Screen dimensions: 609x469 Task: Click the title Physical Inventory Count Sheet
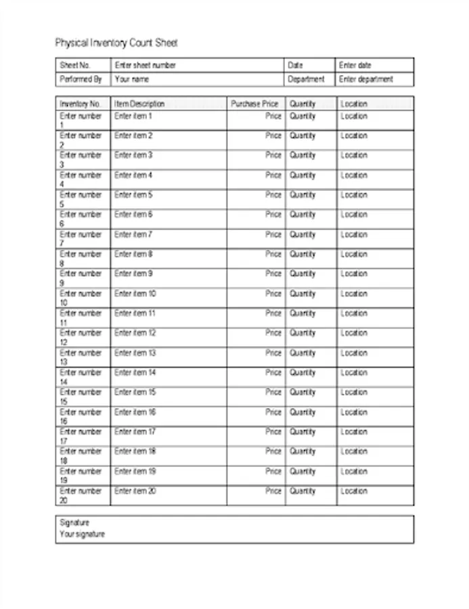116,43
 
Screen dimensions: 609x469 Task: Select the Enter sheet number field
146,66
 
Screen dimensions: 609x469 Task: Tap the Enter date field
355,66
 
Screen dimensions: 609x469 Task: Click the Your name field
131,79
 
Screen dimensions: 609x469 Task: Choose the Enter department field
366,79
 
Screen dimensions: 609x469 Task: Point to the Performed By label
81,79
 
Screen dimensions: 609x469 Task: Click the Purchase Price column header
254,104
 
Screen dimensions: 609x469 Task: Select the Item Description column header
139,104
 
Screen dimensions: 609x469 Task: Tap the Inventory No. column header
80,104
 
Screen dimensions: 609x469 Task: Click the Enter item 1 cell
133,116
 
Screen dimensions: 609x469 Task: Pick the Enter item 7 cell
133,235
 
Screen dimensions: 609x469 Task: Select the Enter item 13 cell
135,353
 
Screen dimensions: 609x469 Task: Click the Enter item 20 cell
135,491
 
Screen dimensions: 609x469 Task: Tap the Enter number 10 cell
81,298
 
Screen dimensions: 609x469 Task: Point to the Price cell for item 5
273,195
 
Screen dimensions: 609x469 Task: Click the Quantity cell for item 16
303,412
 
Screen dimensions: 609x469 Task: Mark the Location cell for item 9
354,274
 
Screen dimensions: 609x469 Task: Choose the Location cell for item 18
354,451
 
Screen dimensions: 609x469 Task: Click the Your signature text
83,534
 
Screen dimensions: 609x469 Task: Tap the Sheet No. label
75,66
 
